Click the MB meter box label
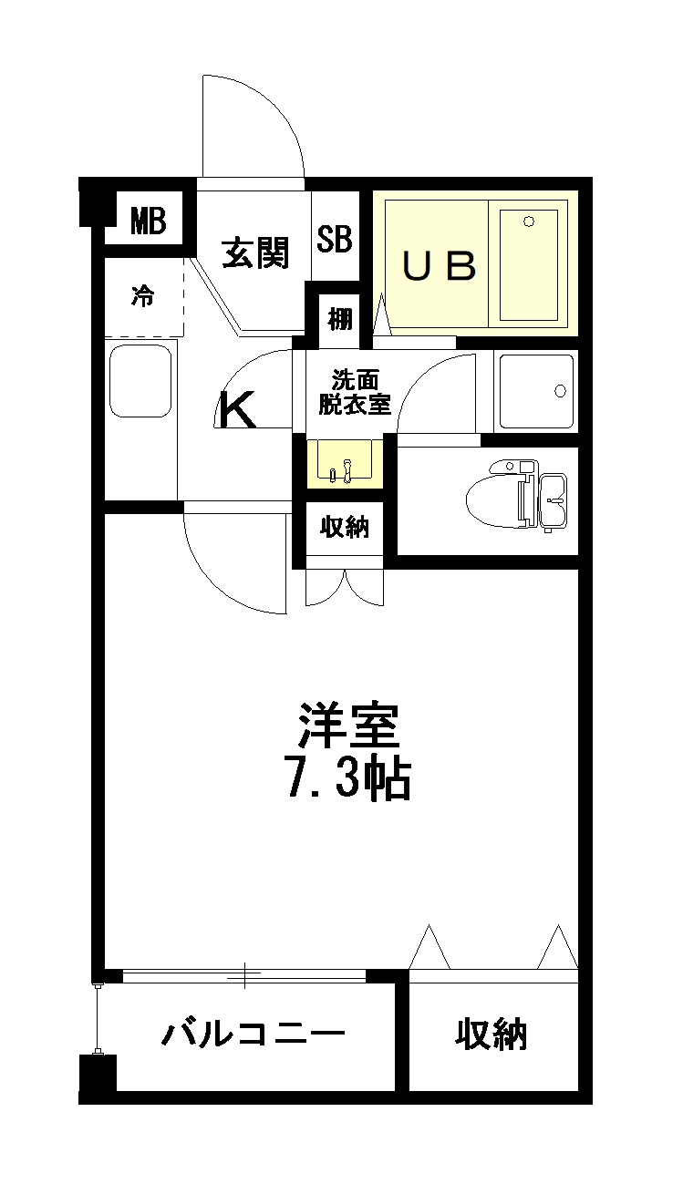click(x=149, y=221)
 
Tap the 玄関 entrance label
click(x=256, y=252)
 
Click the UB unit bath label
click(x=440, y=266)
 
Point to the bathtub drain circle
click(x=529, y=221)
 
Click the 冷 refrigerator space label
click(x=143, y=296)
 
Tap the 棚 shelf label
click(x=340, y=319)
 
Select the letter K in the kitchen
click(x=238, y=408)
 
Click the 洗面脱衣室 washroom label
click(x=354, y=392)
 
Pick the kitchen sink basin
click(x=140, y=381)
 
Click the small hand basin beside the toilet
click(x=554, y=500)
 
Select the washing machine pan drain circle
click(x=561, y=391)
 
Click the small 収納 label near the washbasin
click(x=345, y=527)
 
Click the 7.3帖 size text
click(x=348, y=777)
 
